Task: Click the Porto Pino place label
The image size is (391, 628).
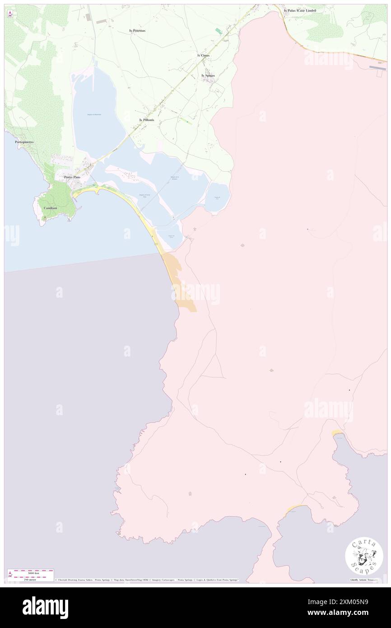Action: pos(72,177)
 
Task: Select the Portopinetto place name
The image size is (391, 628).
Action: pos(24,142)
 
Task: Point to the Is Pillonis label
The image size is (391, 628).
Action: pos(147,120)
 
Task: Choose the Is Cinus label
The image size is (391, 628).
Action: pos(204,55)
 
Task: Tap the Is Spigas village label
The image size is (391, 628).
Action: pos(208,75)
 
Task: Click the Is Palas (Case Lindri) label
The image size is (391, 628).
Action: pos(300,10)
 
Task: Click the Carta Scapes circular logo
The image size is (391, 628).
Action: pos(364,557)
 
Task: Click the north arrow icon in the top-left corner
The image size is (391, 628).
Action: pos(10,14)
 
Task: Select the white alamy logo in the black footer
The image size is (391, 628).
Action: pos(45,607)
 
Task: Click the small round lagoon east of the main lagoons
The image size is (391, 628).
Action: pos(218,197)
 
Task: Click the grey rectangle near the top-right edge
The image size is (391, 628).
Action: pos(377,68)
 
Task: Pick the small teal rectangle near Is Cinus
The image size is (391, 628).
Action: pos(219,31)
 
